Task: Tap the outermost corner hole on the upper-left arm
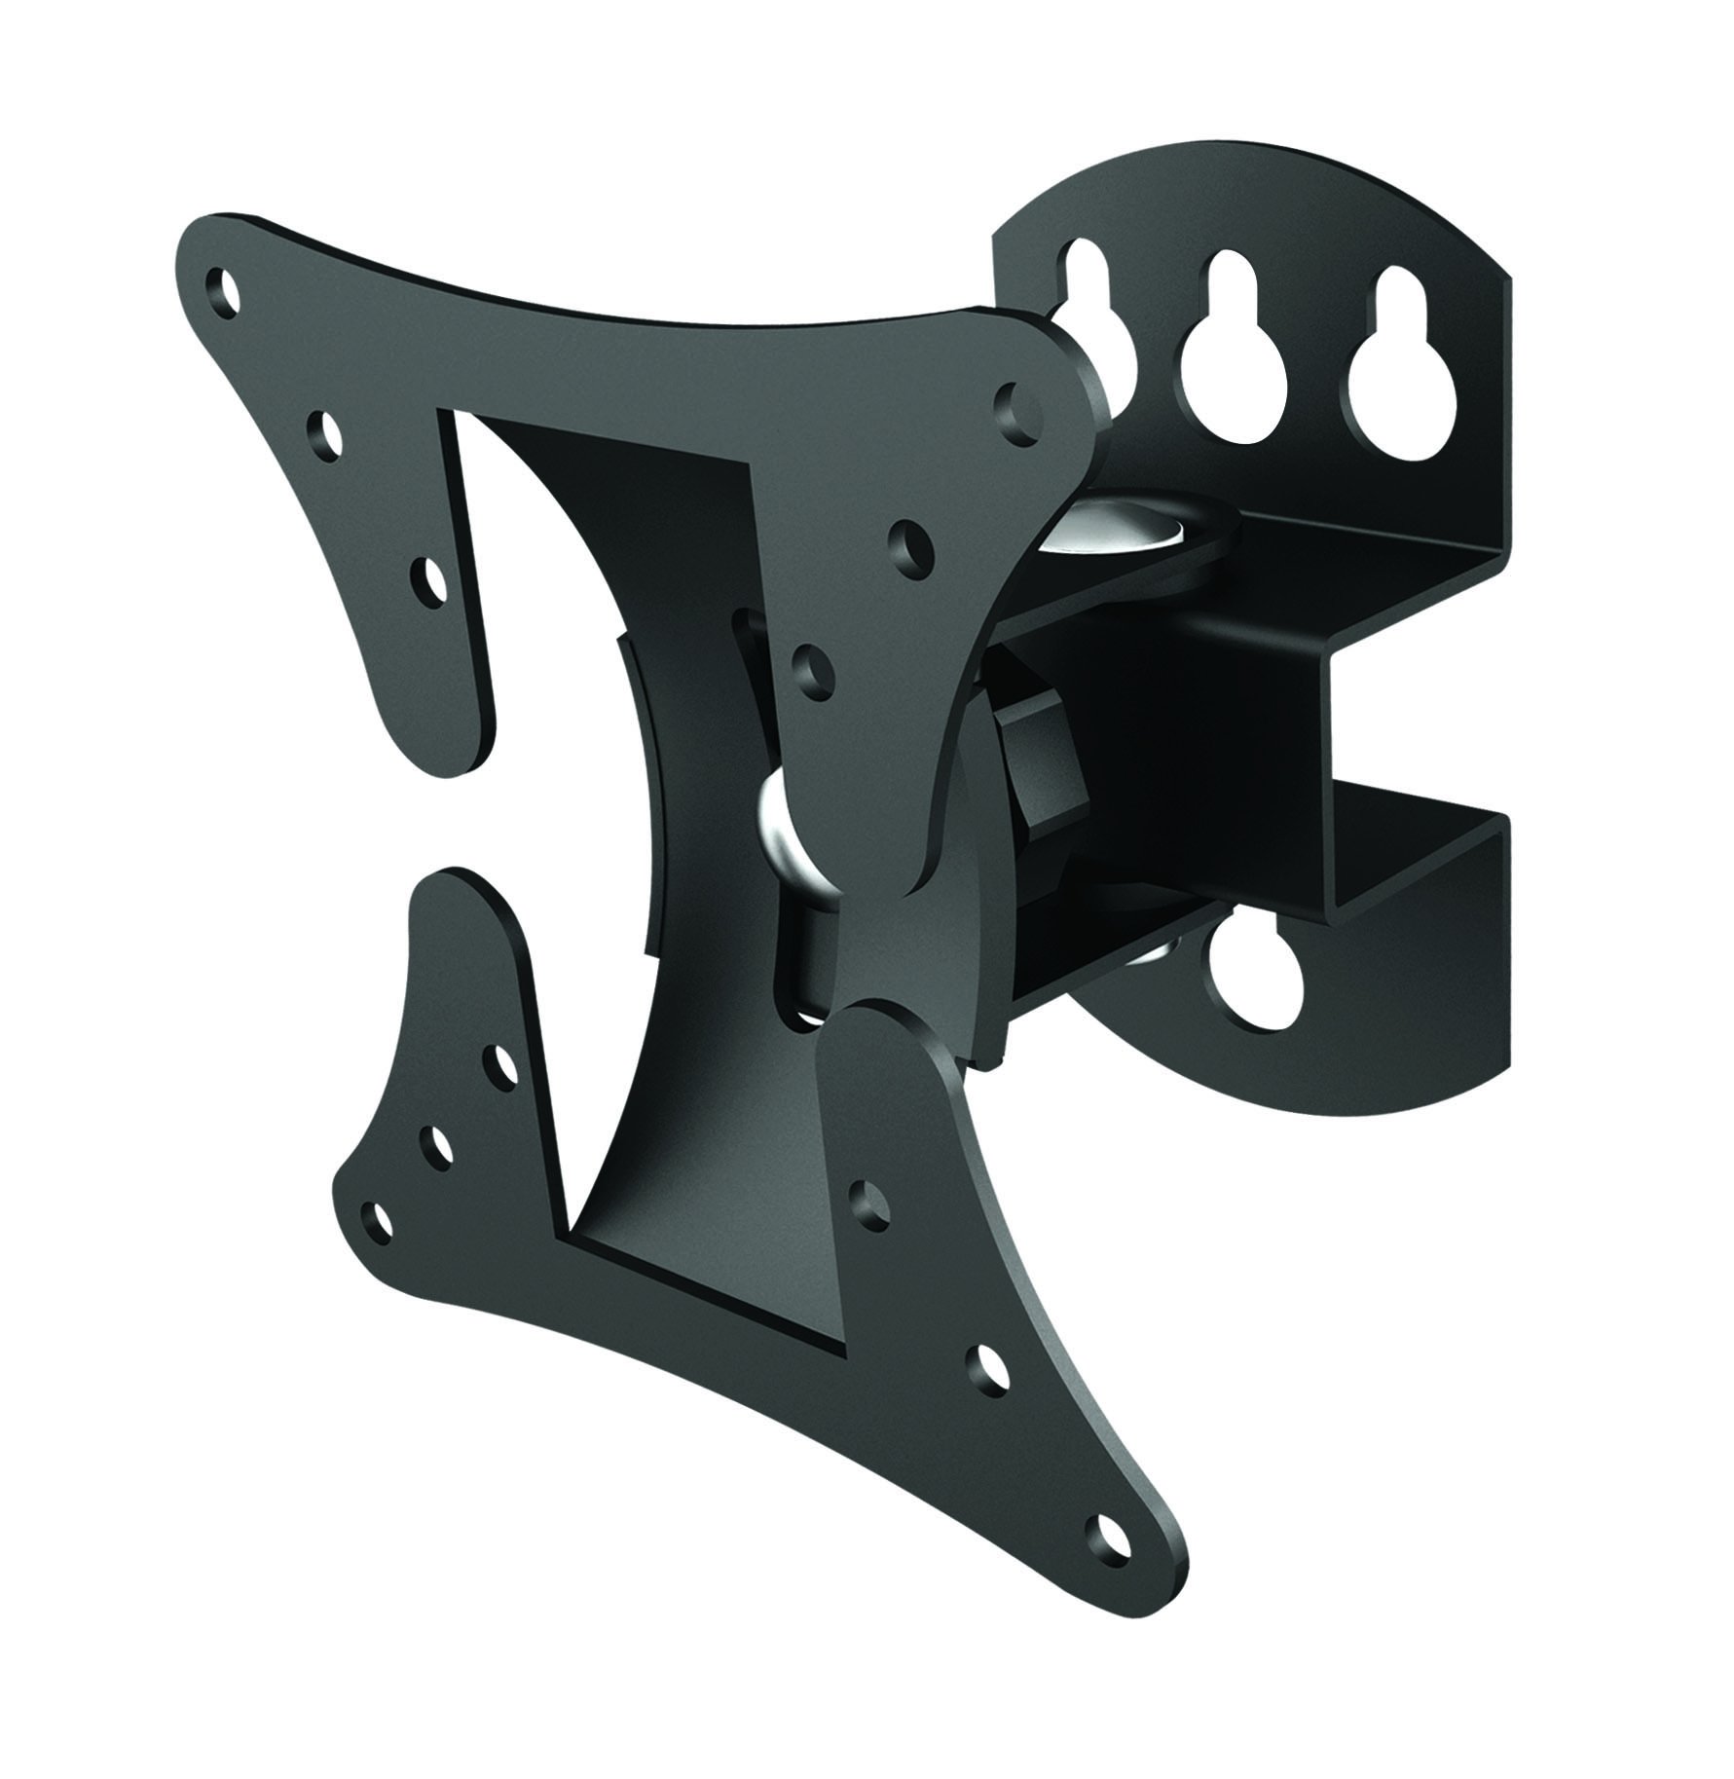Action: point(225,289)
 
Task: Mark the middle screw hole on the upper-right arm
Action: point(911,541)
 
